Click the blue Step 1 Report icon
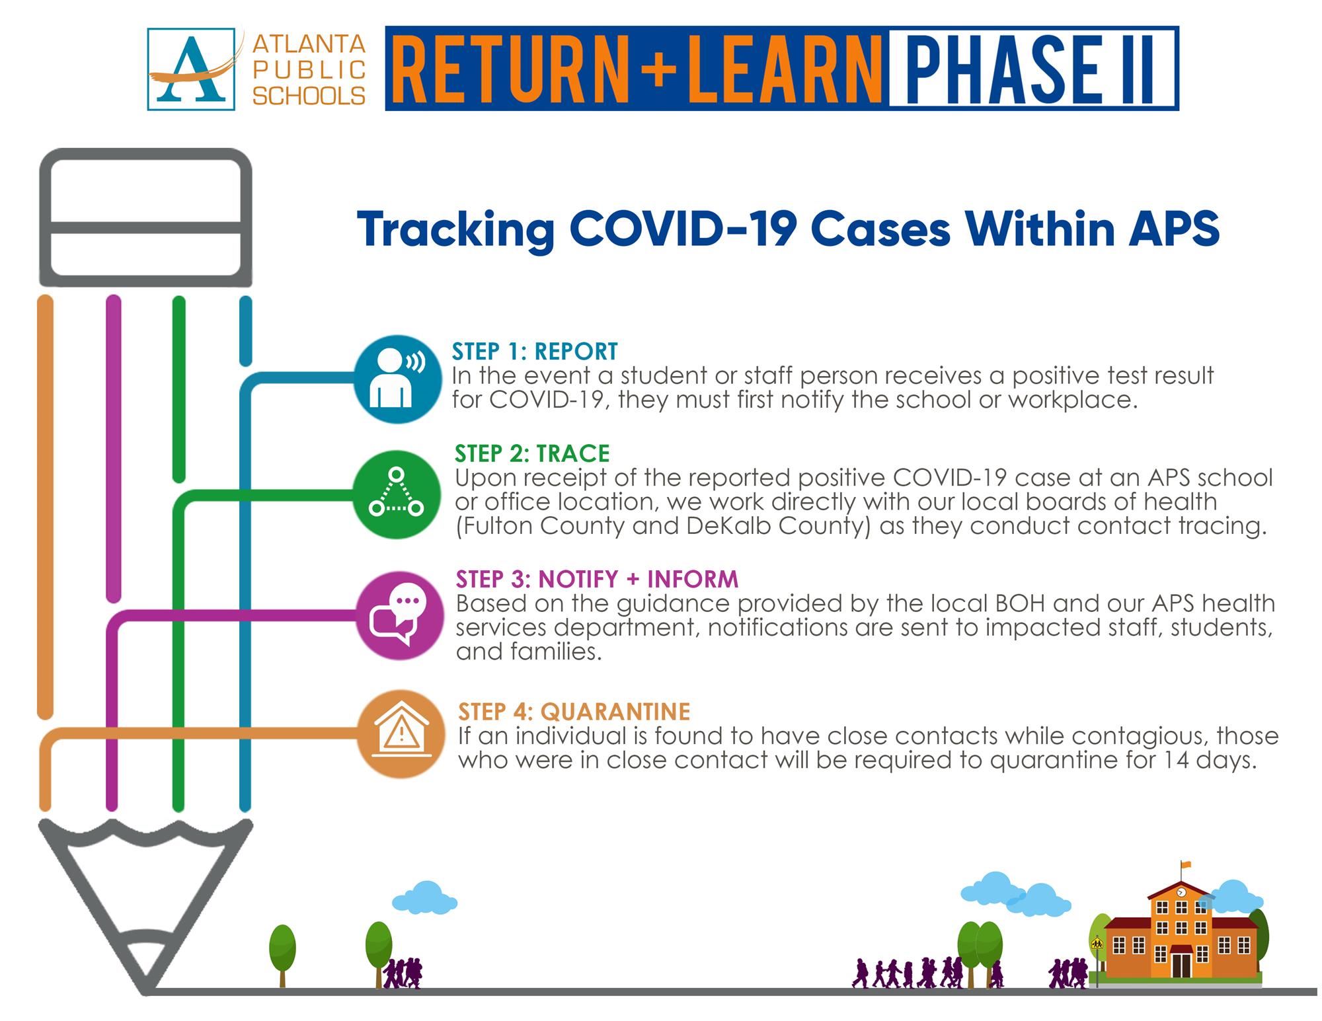(x=397, y=379)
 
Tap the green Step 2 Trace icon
(x=397, y=494)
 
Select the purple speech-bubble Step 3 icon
(x=400, y=617)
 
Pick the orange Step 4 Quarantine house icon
(x=401, y=734)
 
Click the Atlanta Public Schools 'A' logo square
(x=191, y=69)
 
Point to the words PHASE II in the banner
(x=1033, y=69)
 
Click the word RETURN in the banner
(x=512, y=69)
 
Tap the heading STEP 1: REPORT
(x=535, y=351)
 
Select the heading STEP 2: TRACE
(x=532, y=453)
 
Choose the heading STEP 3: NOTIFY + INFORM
(x=597, y=579)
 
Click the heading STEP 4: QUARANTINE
(x=574, y=711)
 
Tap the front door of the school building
(x=1181, y=963)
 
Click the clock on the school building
(x=1181, y=892)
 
